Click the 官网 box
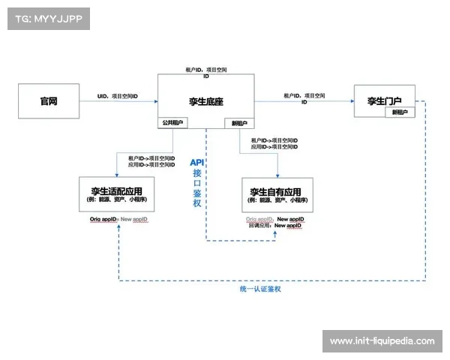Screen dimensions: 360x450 (x=49, y=100)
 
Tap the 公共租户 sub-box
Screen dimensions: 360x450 (x=172, y=122)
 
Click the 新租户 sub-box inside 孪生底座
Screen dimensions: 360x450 (x=240, y=122)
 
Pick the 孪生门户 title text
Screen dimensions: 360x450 (x=384, y=100)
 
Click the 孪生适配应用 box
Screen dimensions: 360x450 (x=121, y=194)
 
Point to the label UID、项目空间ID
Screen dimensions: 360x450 (x=118, y=97)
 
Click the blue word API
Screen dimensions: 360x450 (x=196, y=162)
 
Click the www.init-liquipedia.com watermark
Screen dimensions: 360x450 (x=382, y=341)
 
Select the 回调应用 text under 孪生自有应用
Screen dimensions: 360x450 (x=259, y=225)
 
